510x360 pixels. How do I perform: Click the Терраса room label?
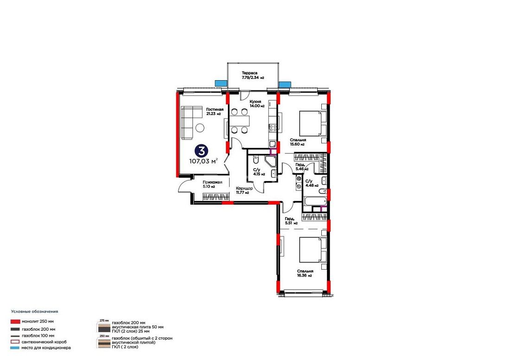click(x=249, y=73)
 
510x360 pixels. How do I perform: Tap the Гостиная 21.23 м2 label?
click(x=215, y=112)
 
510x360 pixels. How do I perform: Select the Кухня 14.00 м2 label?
click(x=257, y=104)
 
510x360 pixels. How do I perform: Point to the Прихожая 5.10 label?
click(x=212, y=184)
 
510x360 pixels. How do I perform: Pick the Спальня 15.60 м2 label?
click(x=298, y=142)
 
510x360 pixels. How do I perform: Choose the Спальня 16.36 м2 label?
click(x=305, y=273)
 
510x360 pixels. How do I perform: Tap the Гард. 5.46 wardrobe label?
click(x=301, y=167)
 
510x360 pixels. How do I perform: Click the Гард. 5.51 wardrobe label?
click(x=291, y=221)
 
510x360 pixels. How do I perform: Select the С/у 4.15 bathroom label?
click(x=259, y=172)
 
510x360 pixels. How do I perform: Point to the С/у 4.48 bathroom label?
click(x=312, y=183)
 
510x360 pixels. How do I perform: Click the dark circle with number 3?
click(x=201, y=151)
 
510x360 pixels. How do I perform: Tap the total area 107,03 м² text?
click(x=203, y=161)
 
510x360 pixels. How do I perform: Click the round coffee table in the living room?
click(x=200, y=128)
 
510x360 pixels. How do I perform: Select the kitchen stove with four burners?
click(x=273, y=128)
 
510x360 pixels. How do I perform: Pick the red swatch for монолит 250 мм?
click(x=16, y=322)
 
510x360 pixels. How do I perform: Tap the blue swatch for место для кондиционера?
click(x=15, y=347)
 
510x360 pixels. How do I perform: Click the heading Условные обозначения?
click(x=34, y=311)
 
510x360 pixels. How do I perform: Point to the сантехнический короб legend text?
click(x=44, y=342)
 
